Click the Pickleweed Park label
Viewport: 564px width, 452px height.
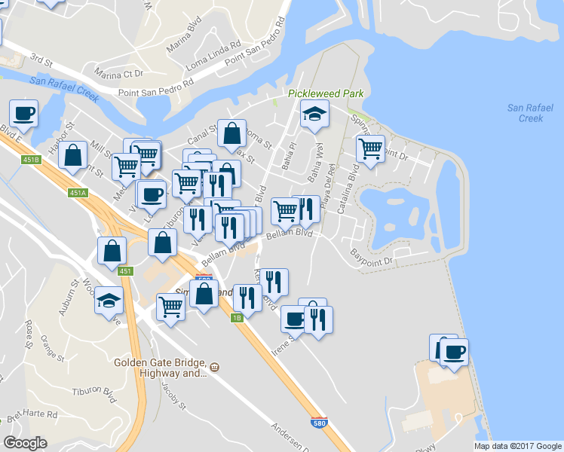(326, 93)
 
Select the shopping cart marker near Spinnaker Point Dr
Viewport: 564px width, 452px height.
(370, 148)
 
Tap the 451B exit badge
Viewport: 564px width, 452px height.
(31, 160)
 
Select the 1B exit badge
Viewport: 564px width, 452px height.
(236, 317)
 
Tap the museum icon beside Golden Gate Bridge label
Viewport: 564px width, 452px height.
(214, 367)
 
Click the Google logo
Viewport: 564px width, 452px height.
(25, 442)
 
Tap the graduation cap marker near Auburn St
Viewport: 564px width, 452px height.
(109, 301)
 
